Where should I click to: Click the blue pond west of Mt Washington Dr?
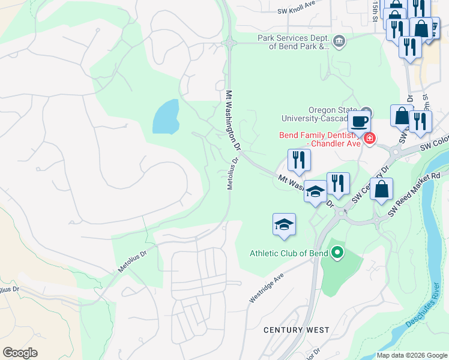click(166, 117)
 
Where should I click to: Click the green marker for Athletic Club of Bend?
click(337, 253)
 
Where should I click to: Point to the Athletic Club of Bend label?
click(289, 253)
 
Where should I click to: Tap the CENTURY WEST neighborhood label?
click(297, 330)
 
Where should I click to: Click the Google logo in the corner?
click(20, 352)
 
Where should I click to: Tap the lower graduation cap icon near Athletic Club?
click(285, 225)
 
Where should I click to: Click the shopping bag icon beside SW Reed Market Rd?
click(381, 190)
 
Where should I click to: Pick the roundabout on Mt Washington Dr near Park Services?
click(229, 43)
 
